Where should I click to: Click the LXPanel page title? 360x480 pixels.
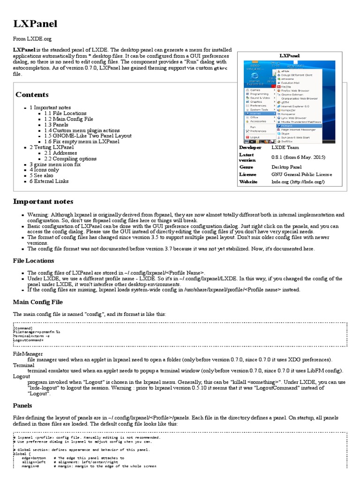pyautogui.click(x=35, y=24)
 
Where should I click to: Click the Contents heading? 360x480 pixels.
pyautogui.click(x=32, y=95)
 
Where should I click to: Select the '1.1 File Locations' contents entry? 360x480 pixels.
pyautogui.click(x=65, y=113)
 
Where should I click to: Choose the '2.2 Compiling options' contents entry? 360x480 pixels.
pyautogui.click(x=70, y=158)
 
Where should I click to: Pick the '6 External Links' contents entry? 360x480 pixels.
pyautogui.click(x=49, y=181)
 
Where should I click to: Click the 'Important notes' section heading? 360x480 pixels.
pyautogui.click(x=43, y=202)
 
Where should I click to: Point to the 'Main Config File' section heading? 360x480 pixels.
pyautogui.click(x=38, y=302)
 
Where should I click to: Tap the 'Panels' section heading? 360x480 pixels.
pyautogui.click(x=22, y=405)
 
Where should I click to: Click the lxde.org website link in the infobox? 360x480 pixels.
pyautogui.click(x=298, y=182)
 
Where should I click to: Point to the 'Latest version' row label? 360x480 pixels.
pyautogui.click(x=247, y=157)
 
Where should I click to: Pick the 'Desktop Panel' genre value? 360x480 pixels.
pyautogui.click(x=286, y=167)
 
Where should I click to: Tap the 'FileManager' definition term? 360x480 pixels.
pyautogui.click(x=28, y=354)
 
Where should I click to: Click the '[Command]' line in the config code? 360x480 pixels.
pyautogui.click(x=23, y=328)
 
